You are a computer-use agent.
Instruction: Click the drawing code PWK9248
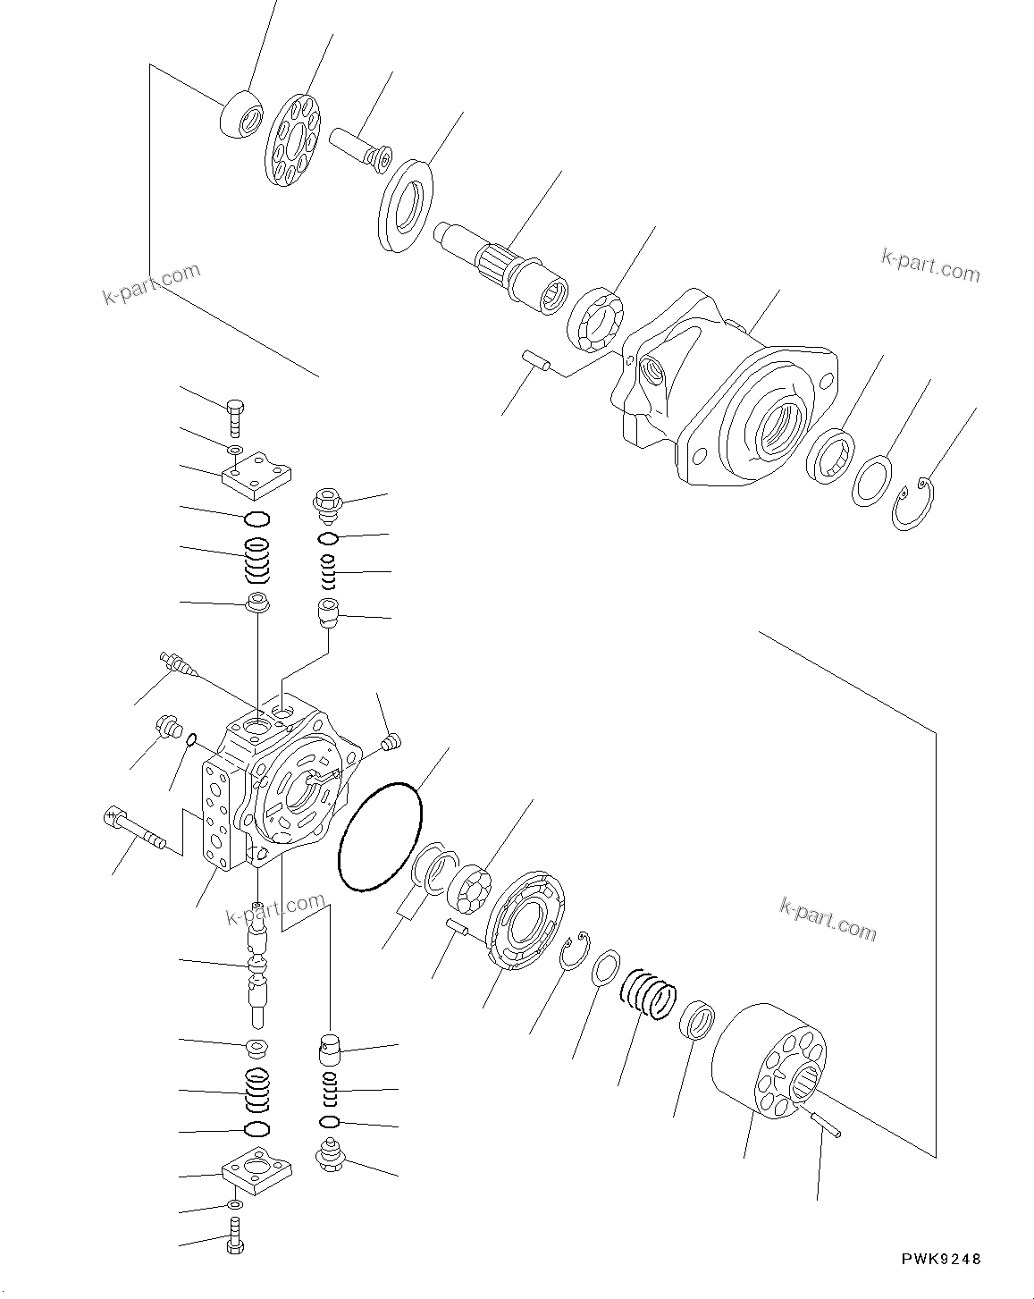click(939, 1259)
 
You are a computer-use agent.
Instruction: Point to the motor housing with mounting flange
click(724, 393)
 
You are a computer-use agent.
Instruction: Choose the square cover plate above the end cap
click(257, 475)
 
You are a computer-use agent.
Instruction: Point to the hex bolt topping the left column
click(235, 413)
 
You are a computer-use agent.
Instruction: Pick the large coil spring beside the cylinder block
click(648, 992)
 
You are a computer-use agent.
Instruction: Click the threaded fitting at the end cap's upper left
click(175, 663)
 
